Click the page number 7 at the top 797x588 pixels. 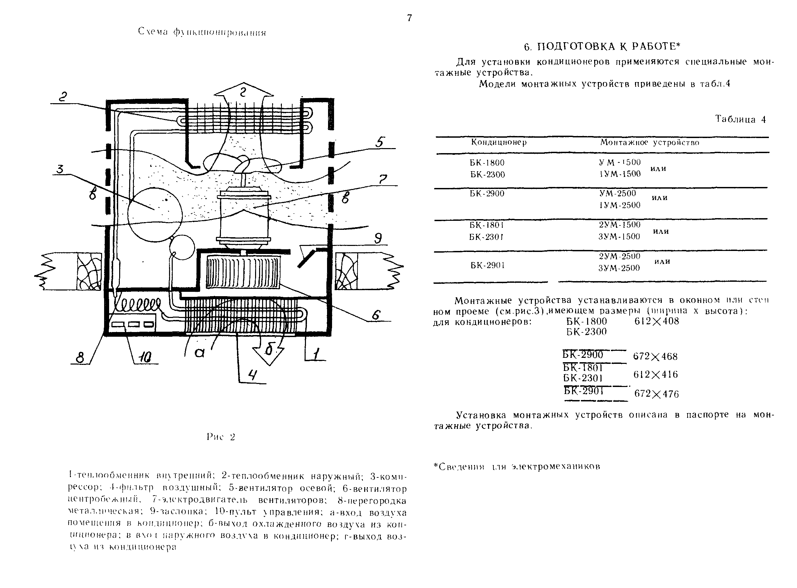click(409, 18)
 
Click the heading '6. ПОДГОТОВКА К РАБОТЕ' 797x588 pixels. click(602, 47)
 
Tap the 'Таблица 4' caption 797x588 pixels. click(740, 119)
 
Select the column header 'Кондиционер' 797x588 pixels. click(499, 142)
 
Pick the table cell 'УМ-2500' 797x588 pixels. click(617, 193)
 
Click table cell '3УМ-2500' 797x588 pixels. click(619, 268)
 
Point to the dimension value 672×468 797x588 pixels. click(655, 356)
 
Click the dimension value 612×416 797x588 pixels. click(655, 375)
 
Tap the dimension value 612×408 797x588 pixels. click(656, 321)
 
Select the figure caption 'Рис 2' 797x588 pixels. click(221, 437)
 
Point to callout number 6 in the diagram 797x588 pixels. click(376, 315)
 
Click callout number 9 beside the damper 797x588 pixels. click(378, 238)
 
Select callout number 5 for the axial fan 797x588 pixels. click(380, 142)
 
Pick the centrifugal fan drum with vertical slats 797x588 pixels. click(243, 272)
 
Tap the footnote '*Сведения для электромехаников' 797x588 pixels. click(517, 467)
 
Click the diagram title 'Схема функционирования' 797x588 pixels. click(202, 32)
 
